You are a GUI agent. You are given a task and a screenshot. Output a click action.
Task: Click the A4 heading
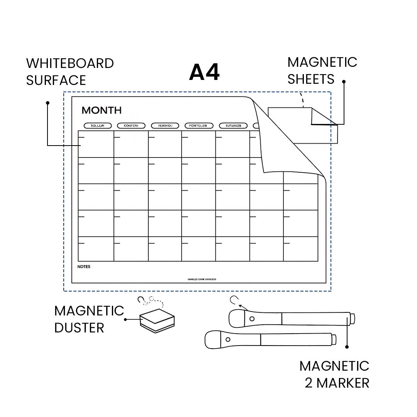click(x=204, y=72)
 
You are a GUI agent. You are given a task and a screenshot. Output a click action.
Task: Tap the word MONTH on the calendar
click(x=102, y=110)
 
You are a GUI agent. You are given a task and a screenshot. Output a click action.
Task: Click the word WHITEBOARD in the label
click(x=70, y=63)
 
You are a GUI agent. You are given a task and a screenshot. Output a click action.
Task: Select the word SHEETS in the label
click(x=311, y=79)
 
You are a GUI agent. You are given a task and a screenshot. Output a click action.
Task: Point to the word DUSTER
click(x=79, y=328)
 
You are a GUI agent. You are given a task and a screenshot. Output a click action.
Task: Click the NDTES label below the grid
click(x=84, y=266)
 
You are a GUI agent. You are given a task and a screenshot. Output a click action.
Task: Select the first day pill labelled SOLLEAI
click(x=98, y=125)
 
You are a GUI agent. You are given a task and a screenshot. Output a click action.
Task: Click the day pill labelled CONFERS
click(x=131, y=125)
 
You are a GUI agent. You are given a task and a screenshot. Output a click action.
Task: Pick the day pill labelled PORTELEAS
click(x=198, y=125)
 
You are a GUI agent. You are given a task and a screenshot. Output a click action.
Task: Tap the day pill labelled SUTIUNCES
click(x=233, y=125)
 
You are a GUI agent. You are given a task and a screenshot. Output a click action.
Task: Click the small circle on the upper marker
click(x=252, y=319)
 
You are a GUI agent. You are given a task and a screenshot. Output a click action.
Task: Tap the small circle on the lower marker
click(x=227, y=339)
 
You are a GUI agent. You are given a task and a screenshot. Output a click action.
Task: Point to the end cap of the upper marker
click(x=352, y=319)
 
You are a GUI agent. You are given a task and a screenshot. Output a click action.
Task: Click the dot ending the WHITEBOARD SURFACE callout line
click(x=47, y=103)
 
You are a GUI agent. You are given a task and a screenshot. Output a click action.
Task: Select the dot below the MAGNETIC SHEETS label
click(x=344, y=82)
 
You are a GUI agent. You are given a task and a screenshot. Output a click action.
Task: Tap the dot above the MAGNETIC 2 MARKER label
click(x=347, y=347)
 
